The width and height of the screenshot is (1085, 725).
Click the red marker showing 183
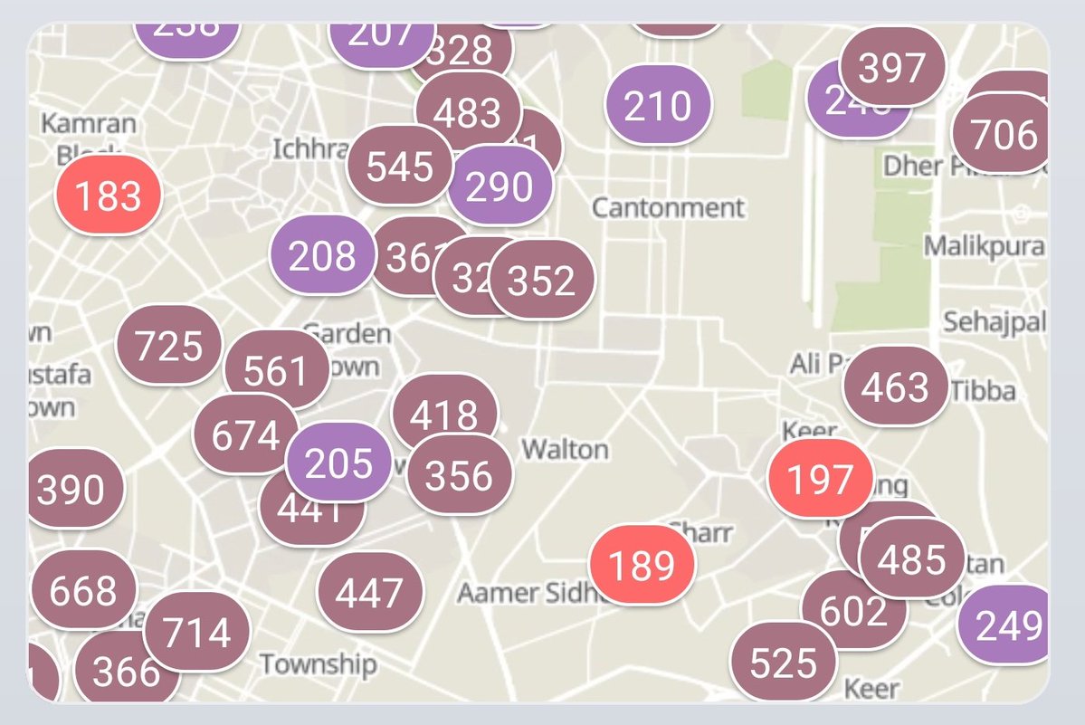pos(109,196)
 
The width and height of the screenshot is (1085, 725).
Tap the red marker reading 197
pos(820,479)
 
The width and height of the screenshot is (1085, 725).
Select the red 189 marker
pos(642,566)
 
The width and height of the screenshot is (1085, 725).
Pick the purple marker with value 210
pos(658,105)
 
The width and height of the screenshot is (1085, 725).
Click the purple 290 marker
pos(500,186)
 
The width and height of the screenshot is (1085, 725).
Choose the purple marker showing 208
pos(323,256)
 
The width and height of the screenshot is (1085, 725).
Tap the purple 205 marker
pos(338,463)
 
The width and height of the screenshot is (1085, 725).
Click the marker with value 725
pos(169,346)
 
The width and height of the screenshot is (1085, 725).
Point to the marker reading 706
pos(1004,135)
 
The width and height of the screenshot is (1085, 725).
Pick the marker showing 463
pos(896,386)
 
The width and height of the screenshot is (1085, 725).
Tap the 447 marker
pos(370,593)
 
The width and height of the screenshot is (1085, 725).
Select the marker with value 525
pos(784,663)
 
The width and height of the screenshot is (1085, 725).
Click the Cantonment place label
pos(669,207)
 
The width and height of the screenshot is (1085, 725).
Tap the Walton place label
pos(566,449)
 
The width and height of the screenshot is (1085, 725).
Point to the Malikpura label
pos(985,246)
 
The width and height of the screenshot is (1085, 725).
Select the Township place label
pos(319,664)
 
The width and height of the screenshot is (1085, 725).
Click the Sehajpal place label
pos(995,321)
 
